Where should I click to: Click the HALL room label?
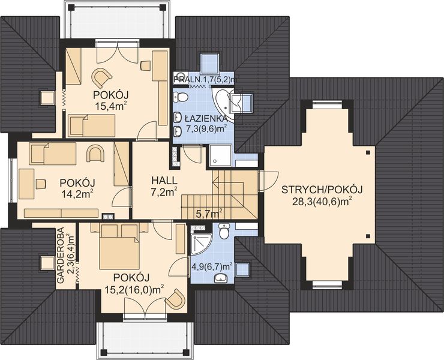(164, 180)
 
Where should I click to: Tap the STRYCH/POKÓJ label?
(322, 190)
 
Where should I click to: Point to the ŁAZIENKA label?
(206, 118)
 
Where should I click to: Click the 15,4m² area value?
(111, 107)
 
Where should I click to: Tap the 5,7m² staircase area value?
(209, 214)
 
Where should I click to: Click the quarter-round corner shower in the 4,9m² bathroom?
(201, 244)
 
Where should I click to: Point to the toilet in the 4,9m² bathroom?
(224, 231)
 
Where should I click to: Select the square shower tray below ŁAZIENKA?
(221, 155)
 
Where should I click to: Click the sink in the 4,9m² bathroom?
(221, 278)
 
